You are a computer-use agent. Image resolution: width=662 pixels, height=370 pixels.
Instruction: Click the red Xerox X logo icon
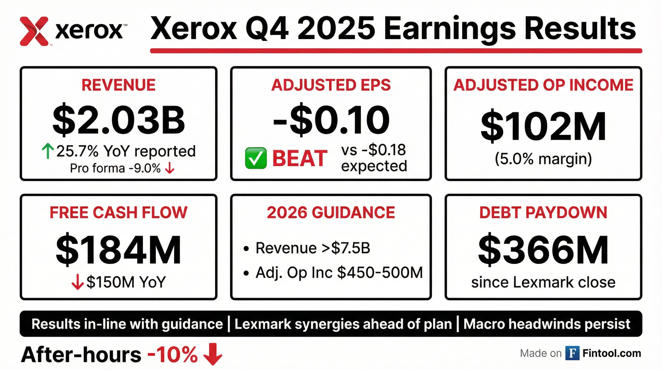(x=34, y=31)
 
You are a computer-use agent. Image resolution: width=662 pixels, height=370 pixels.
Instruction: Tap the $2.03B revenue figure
(x=119, y=121)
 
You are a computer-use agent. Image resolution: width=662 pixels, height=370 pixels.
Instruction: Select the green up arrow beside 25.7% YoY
(x=48, y=151)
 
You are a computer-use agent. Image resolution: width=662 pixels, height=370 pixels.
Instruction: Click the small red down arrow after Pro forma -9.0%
(x=170, y=169)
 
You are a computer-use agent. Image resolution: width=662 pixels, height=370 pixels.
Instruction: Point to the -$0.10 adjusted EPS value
(x=331, y=120)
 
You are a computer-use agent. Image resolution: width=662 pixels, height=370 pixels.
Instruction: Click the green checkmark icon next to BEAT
(x=256, y=158)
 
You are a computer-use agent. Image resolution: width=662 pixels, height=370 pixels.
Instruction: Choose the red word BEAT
(x=300, y=158)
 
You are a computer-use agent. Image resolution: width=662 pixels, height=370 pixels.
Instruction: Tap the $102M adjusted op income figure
(x=543, y=126)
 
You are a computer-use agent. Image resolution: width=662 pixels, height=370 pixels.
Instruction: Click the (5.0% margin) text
(x=543, y=159)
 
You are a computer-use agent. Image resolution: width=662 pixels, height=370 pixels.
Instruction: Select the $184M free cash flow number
(x=119, y=249)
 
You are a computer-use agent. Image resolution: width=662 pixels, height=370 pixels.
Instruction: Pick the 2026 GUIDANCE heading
(x=331, y=212)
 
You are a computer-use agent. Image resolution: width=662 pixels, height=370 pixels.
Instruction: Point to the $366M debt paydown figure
(x=543, y=249)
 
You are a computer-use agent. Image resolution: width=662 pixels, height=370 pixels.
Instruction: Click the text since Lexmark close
(x=543, y=282)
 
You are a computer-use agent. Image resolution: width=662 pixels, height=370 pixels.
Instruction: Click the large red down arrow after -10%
(x=213, y=354)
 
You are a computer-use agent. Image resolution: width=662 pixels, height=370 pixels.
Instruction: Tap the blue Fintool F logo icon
(x=572, y=353)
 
